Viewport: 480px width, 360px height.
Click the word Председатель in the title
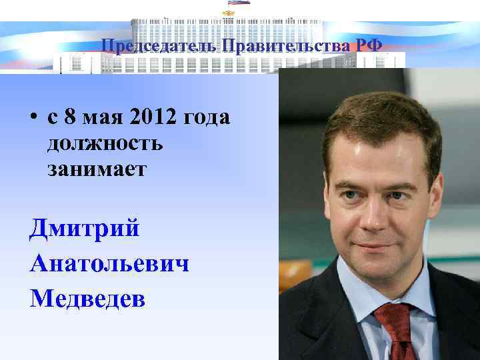[159, 46]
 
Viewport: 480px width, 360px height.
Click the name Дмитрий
[85, 229]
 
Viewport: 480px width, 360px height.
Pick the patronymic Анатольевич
[109, 264]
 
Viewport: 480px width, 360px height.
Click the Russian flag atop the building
[239, 2]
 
